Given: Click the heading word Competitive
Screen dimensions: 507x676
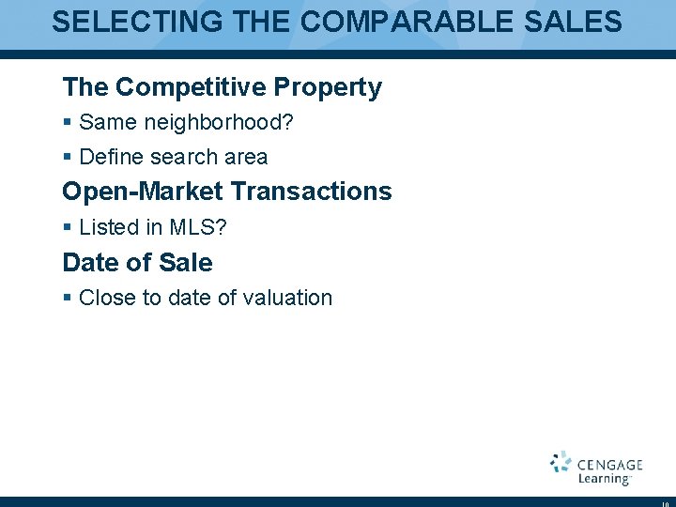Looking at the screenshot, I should tap(191, 87).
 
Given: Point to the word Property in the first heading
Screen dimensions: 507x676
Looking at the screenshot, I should tap(328, 87).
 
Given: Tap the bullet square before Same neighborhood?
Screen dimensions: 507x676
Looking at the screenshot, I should tap(67, 123).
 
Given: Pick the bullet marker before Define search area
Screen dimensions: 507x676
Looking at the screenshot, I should tap(67, 158).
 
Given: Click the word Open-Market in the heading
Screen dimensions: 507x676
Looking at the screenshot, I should tap(143, 192).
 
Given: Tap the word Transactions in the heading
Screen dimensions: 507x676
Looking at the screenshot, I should tap(311, 192).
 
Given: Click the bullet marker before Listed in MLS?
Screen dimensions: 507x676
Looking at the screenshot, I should tap(67, 228).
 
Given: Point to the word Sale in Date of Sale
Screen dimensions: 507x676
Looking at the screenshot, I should tap(186, 263).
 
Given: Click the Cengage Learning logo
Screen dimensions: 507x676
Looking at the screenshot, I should tap(596, 468).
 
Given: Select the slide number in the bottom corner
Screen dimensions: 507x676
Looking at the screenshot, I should tap(665, 500).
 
